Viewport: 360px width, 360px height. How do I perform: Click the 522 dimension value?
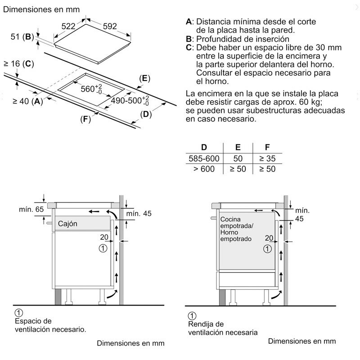pyautogui.click(x=68, y=27)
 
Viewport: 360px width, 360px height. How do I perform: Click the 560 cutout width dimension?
pyautogui.click(x=92, y=88)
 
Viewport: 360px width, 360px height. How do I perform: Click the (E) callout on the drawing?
pyautogui.click(x=144, y=78)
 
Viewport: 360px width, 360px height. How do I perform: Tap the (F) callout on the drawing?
pyautogui.click(x=85, y=119)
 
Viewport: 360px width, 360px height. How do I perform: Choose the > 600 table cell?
pyautogui.click(x=204, y=169)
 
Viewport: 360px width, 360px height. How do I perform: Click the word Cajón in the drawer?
pyautogui.click(x=67, y=224)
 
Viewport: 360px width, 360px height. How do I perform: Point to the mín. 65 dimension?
pyautogui.click(x=31, y=209)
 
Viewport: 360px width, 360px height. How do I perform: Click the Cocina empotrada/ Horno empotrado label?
pyautogui.click(x=236, y=229)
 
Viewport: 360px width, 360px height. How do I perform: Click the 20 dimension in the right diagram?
pyautogui.click(x=269, y=238)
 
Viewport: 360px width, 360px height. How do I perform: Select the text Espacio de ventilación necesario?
pyautogui.click(x=49, y=325)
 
